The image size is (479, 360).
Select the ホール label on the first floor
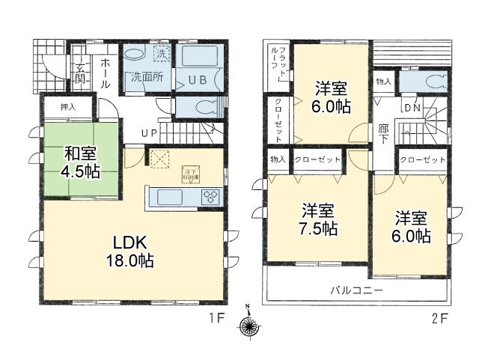(106, 73)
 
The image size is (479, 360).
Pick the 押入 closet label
(68, 107)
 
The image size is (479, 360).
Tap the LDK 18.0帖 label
(134, 251)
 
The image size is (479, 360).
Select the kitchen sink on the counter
(170, 198)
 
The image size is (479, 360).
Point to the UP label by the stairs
(150, 134)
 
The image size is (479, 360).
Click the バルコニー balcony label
(357, 290)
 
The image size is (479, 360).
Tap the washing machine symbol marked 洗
(161, 54)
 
